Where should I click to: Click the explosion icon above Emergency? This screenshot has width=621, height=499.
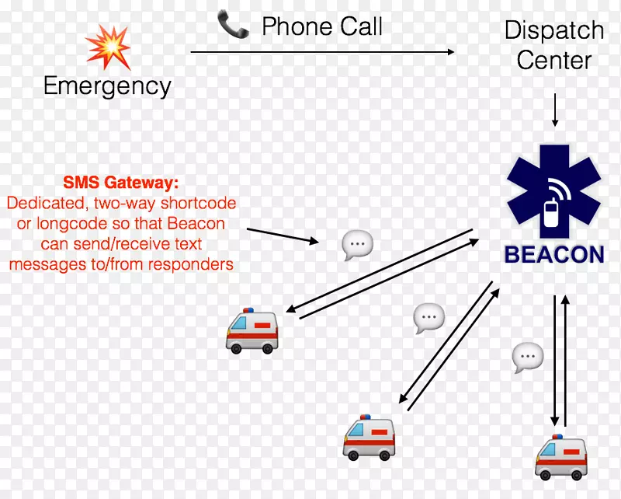click(108, 46)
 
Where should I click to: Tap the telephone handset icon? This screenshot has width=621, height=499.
click(232, 26)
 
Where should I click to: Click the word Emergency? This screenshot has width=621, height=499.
click(107, 85)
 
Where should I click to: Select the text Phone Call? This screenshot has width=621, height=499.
click(322, 26)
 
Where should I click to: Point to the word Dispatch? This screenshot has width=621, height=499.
click(553, 30)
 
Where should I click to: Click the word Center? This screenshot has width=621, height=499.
click(554, 60)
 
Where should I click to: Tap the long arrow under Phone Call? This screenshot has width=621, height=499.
click(322, 52)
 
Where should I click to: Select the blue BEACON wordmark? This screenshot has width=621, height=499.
click(553, 254)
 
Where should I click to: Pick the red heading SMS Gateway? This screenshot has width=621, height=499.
click(120, 183)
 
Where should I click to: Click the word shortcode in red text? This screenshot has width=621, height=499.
click(198, 204)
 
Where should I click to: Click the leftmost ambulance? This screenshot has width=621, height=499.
click(252, 330)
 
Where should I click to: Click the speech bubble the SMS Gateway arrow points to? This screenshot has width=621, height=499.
click(357, 245)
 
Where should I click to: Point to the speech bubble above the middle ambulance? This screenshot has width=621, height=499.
click(428, 318)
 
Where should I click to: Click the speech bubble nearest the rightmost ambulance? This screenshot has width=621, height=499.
click(528, 357)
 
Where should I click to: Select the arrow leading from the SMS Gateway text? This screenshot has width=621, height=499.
click(282, 235)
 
